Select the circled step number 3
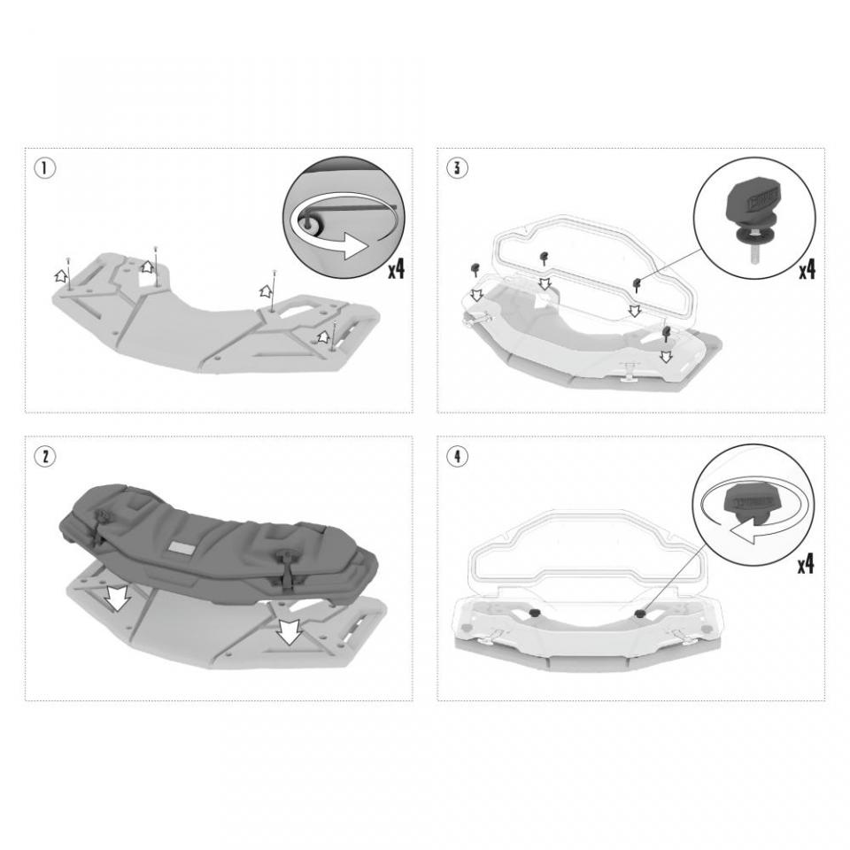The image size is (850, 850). pyautogui.click(x=456, y=167)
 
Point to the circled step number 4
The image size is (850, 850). pyautogui.click(x=456, y=456)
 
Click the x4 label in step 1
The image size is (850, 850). pyautogui.click(x=395, y=268)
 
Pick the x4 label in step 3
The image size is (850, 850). pyautogui.click(x=806, y=268)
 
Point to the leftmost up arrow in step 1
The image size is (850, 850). pyautogui.click(x=62, y=277)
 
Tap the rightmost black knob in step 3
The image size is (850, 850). pyautogui.click(x=664, y=333)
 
